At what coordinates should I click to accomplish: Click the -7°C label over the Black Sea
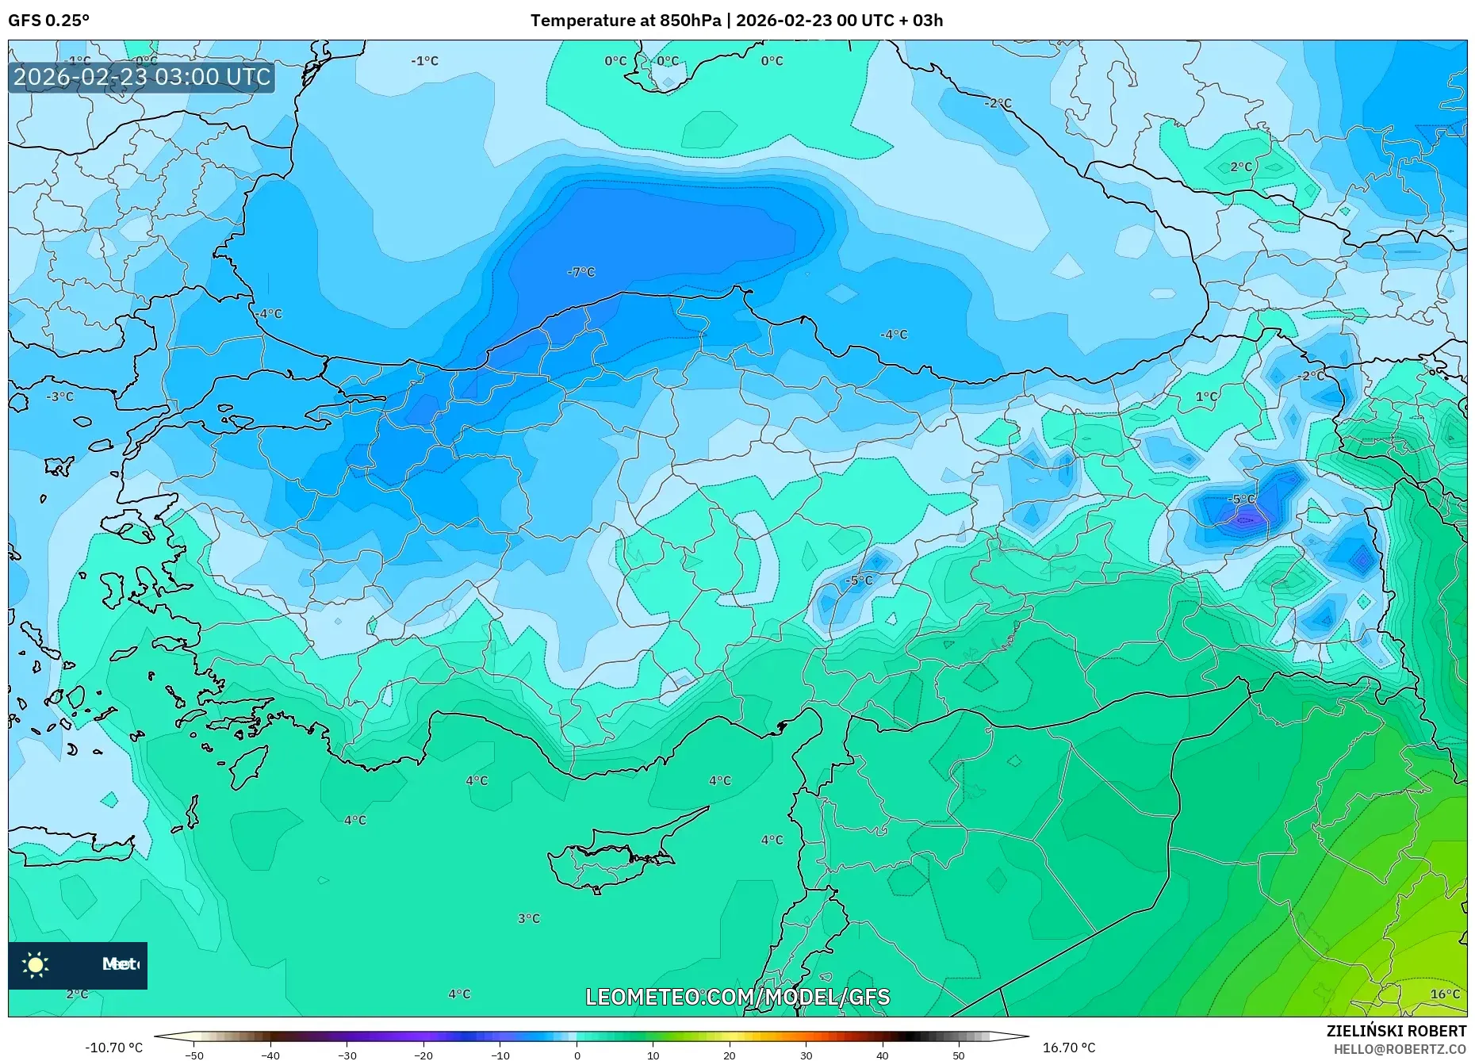click(x=581, y=272)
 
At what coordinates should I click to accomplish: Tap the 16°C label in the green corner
click(x=1445, y=994)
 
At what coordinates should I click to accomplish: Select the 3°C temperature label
click(x=529, y=918)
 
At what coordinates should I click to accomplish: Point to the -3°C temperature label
click(x=60, y=396)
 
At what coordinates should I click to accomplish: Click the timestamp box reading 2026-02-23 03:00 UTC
click(x=142, y=77)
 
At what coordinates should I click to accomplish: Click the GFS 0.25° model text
click(x=48, y=21)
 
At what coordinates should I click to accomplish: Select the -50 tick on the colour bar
click(x=194, y=1055)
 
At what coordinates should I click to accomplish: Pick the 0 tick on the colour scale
click(x=577, y=1055)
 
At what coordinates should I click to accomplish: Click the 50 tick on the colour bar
click(x=959, y=1055)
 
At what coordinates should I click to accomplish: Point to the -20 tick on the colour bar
click(x=423, y=1055)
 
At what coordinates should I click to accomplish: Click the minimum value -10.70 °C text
click(x=114, y=1048)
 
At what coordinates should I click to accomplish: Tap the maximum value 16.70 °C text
click(x=1069, y=1048)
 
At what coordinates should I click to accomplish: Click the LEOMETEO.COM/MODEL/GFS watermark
click(x=737, y=997)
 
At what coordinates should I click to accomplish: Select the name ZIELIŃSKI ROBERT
click(x=1396, y=1031)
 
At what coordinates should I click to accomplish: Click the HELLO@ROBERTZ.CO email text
click(x=1400, y=1049)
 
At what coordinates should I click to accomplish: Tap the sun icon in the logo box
click(x=36, y=965)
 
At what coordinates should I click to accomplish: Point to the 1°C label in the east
click(x=1206, y=396)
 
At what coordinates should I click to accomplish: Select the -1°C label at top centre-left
click(x=425, y=61)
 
